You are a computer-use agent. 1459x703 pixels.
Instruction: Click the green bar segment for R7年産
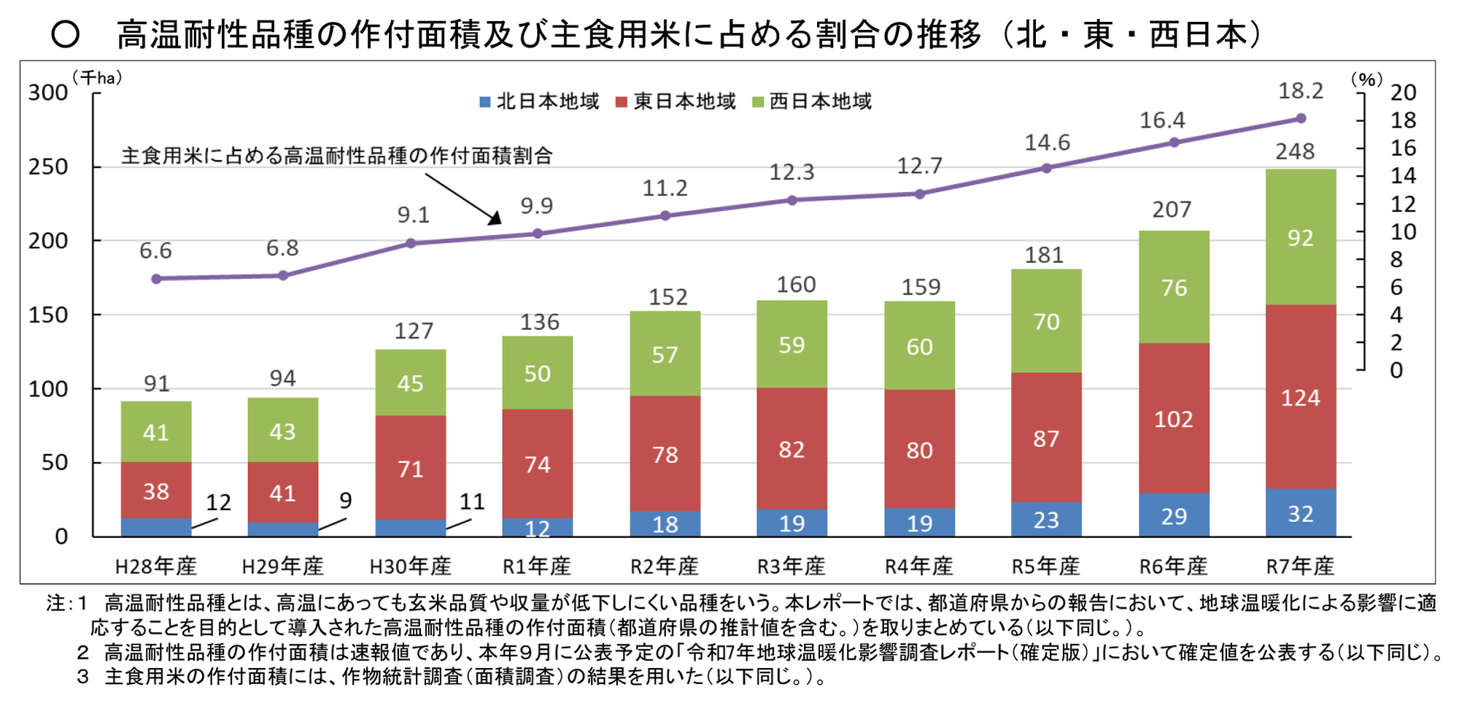(1301, 237)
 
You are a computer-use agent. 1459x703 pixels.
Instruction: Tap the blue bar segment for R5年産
(1046, 519)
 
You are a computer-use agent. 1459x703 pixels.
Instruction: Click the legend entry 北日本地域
(539, 101)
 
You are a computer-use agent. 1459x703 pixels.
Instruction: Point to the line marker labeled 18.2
(1301, 118)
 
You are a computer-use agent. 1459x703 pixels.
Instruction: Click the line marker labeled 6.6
(156, 279)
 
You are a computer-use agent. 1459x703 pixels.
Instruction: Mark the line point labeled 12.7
(920, 194)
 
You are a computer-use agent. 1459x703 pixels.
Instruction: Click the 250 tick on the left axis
(48, 167)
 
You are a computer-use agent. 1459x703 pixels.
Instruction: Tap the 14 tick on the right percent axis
(1402, 176)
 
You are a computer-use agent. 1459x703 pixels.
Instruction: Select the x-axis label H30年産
(410, 566)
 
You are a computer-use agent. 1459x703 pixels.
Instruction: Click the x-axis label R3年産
(792, 566)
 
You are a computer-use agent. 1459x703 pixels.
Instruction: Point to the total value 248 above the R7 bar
(1295, 152)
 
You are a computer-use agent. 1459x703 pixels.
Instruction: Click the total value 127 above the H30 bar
(414, 331)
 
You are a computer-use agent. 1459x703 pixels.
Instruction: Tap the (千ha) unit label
(97, 78)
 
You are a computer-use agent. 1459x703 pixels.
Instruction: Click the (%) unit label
(1366, 80)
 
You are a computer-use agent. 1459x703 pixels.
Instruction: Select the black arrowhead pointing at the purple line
(495, 218)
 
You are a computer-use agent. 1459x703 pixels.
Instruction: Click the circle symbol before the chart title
(66, 34)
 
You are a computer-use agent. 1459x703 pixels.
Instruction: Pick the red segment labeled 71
(410, 468)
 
